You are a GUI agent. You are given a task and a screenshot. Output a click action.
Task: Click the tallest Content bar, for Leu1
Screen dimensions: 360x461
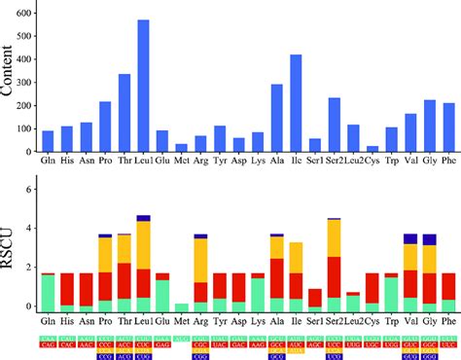click(x=143, y=88)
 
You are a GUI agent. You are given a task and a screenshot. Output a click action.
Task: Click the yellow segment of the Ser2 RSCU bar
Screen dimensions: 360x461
click(x=334, y=238)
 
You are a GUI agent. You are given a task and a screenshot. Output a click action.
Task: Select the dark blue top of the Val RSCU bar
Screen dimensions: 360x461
click(x=410, y=237)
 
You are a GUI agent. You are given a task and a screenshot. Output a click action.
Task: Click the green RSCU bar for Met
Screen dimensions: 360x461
click(x=181, y=307)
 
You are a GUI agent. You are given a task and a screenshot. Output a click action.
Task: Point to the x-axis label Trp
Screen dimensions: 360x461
click(x=391, y=320)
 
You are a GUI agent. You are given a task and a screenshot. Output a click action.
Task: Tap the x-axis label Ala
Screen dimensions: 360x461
click(x=276, y=320)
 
